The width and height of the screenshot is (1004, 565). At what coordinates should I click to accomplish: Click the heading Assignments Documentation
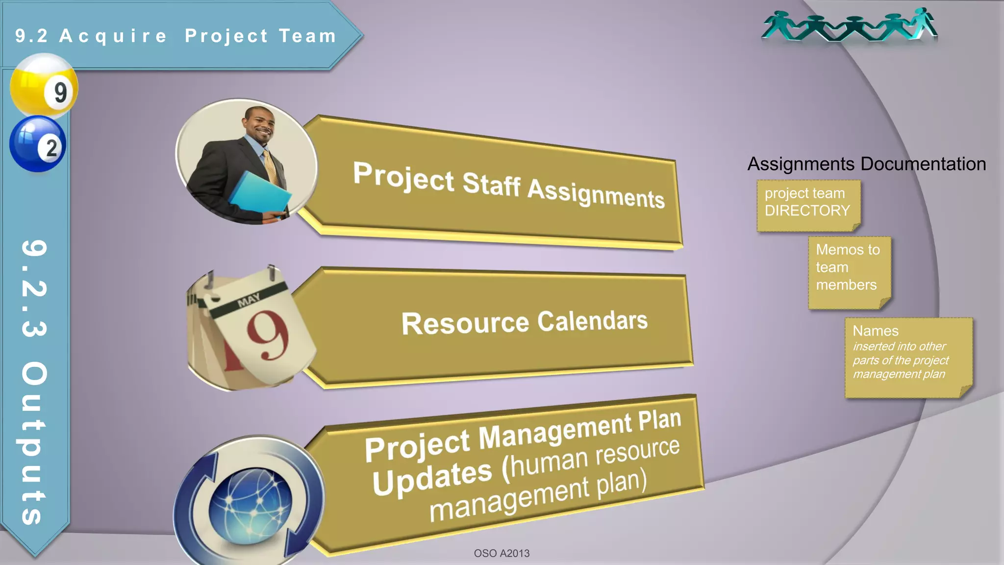point(866,164)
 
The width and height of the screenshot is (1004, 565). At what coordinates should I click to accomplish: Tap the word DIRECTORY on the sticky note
point(807,210)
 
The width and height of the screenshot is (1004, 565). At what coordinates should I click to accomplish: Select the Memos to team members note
point(848,267)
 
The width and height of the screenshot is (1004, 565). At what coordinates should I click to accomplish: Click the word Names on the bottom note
point(875,331)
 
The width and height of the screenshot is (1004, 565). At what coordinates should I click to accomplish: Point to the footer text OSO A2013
point(502,553)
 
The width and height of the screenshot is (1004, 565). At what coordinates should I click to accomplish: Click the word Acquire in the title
point(113,36)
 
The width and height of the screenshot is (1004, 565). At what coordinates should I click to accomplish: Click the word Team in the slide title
point(307,36)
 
